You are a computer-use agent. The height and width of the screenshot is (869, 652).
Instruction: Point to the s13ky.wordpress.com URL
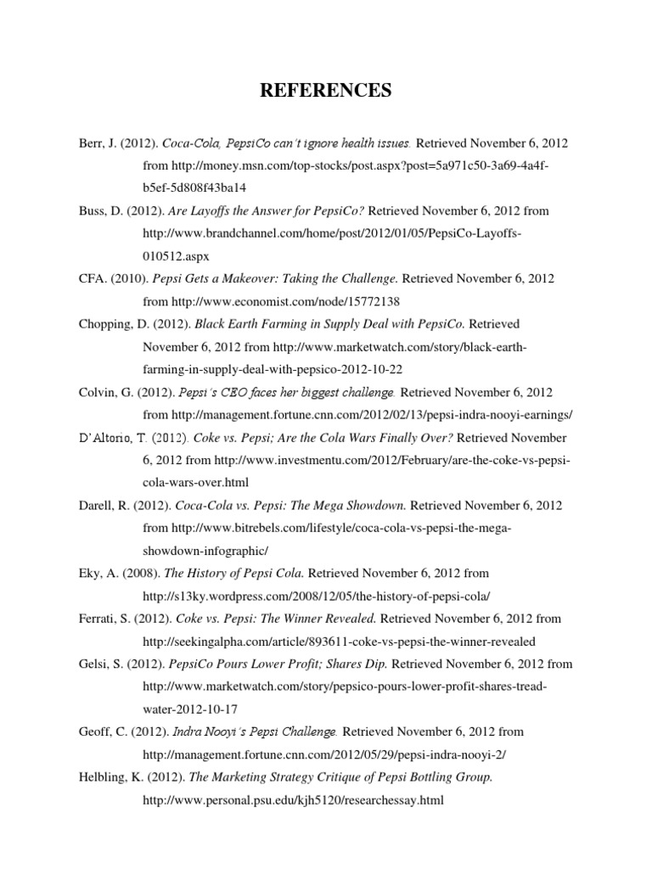pyautogui.click(x=318, y=597)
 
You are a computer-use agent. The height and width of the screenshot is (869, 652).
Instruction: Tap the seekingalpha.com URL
pyautogui.click(x=339, y=642)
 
